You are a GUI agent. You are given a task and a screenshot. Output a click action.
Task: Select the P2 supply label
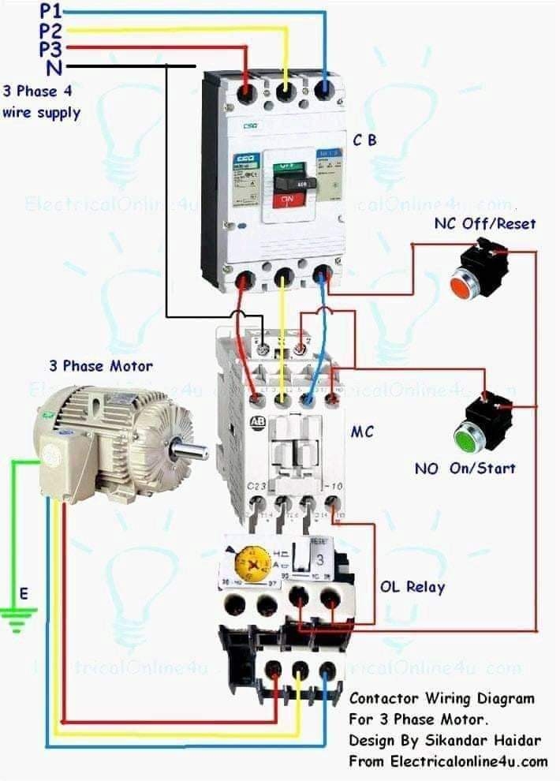[50, 31]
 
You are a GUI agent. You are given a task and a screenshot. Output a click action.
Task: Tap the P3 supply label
[50, 49]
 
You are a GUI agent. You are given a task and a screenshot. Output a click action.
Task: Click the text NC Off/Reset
[484, 223]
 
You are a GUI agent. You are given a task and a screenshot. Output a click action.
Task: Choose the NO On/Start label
[465, 468]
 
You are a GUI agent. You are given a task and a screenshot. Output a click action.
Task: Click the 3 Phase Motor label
[101, 366]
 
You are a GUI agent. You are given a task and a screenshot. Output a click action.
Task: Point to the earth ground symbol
[17, 617]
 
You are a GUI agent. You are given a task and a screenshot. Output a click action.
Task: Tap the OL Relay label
[413, 587]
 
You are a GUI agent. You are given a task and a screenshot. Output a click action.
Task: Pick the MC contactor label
[362, 432]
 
